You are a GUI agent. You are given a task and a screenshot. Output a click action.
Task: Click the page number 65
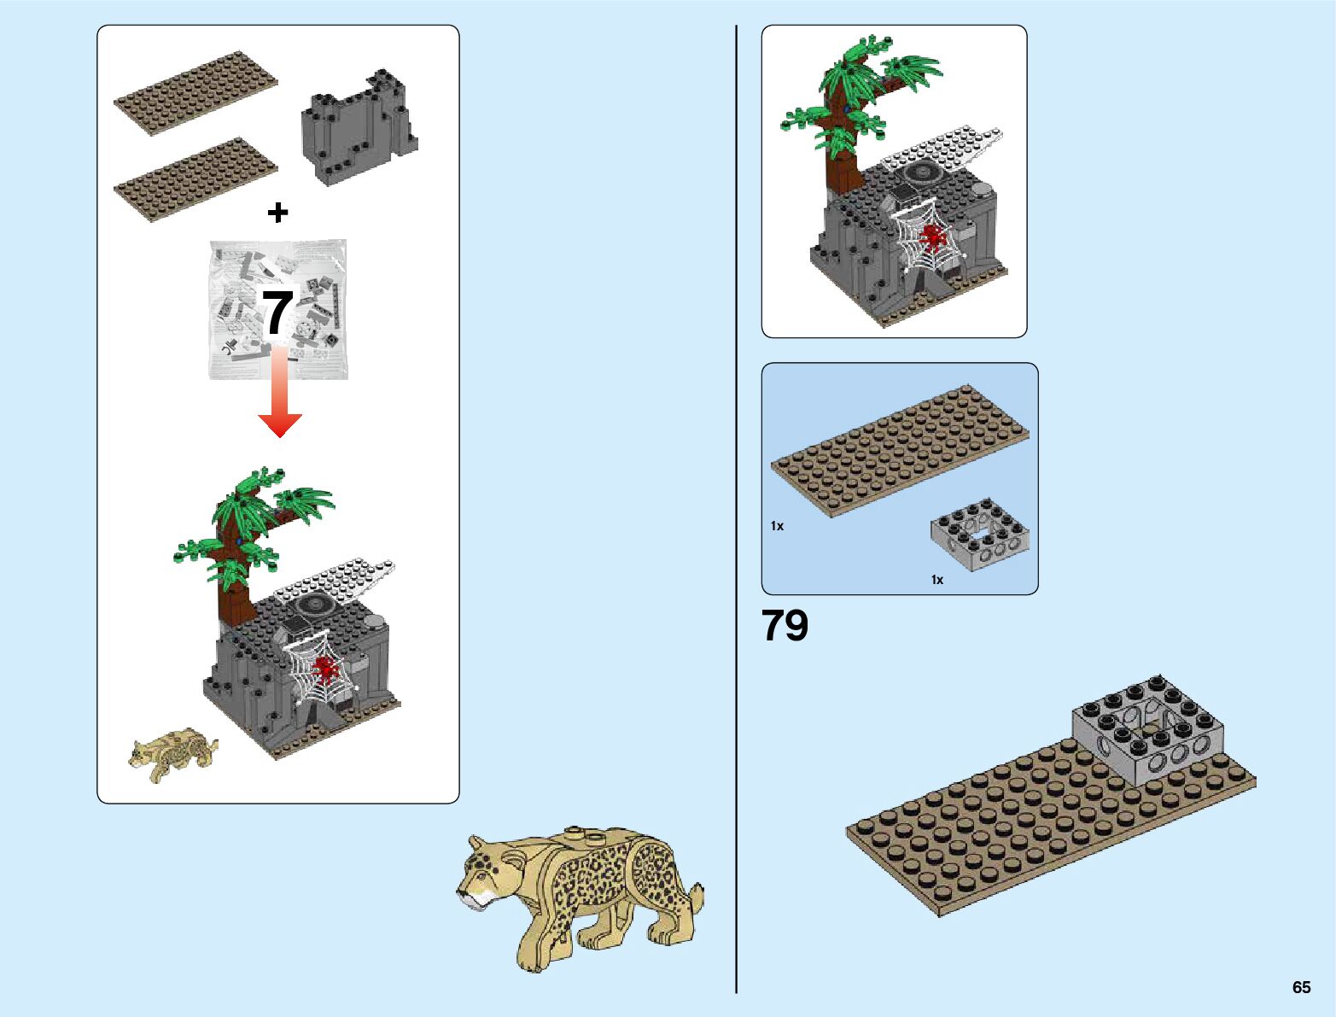[x=1301, y=987]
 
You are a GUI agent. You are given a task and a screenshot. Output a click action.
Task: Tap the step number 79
[x=785, y=626]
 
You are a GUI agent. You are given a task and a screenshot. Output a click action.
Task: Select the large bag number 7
[x=278, y=313]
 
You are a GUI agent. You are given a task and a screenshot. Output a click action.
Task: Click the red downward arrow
[x=280, y=393]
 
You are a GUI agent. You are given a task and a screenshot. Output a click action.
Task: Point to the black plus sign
[x=277, y=213]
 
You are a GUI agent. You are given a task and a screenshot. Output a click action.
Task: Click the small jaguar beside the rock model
[x=172, y=753]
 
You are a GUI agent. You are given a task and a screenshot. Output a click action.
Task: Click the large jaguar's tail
[x=696, y=901]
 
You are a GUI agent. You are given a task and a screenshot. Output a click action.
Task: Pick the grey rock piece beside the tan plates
[x=359, y=127]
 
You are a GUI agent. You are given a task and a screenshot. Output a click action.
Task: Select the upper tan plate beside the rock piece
[x=196, y=93]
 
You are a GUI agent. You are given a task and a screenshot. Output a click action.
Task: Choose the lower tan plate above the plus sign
[x=196, y=179]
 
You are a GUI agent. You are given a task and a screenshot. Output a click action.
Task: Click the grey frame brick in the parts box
[x=979, y=534]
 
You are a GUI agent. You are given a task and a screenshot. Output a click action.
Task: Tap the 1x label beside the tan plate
[x=777, y=526]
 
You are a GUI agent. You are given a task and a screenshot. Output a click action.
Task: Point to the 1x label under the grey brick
[x=937, y=580]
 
